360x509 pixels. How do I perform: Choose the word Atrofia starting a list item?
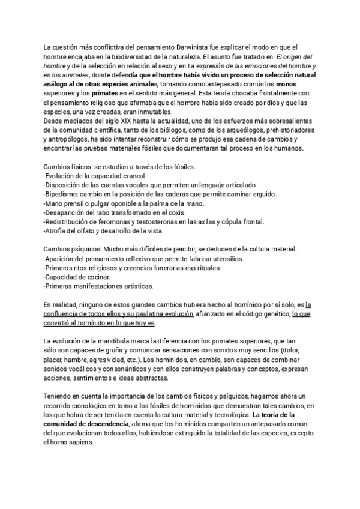click(x=59, y=232)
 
